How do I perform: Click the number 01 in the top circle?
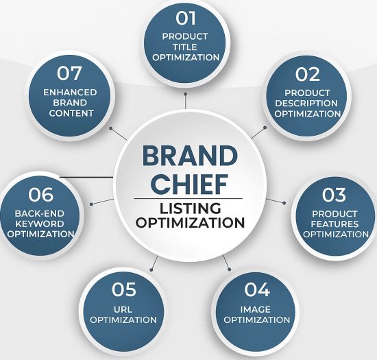pyautogui.click(x=186, y=19)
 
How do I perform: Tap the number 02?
pyautogui.click(x=308, y=74)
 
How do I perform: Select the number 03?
pyautogui.click(x=334, y=195)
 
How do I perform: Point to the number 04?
pyautogui.click(x=256, y=289)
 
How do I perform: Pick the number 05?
pyautogui.click(x=124, y=289)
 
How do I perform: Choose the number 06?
pyautogui.click(x=40, y=194)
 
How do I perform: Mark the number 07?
pyautogui.click(x=69, y=73)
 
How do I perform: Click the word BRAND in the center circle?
pyautogui.click(x=190, y=156)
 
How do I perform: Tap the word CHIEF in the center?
pyautogui.click(x=190, y=184)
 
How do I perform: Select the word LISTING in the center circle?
pyautogui.click(x=190, y=208)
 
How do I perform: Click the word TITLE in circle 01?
pyautogui.click(x=185, y=47)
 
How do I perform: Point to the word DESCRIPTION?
pyautogui.click(x=306, y=103)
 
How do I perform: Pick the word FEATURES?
pyautogui.click(x=335, y=224)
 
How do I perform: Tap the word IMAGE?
pyautogui.click(x=256, y=309)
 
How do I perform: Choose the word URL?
pyautogui.click(x=123, y=309)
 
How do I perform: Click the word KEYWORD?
pyautogui.click(x=40, y=224)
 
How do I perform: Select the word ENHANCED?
pyautogui.click(x=70, y=92)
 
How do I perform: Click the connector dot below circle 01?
pyautogui.click(x=185, y=94)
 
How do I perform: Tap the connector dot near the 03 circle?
pyautogui.click(x=284, y=203)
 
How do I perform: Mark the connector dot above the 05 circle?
pyautogui.click(x=151, y=270)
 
